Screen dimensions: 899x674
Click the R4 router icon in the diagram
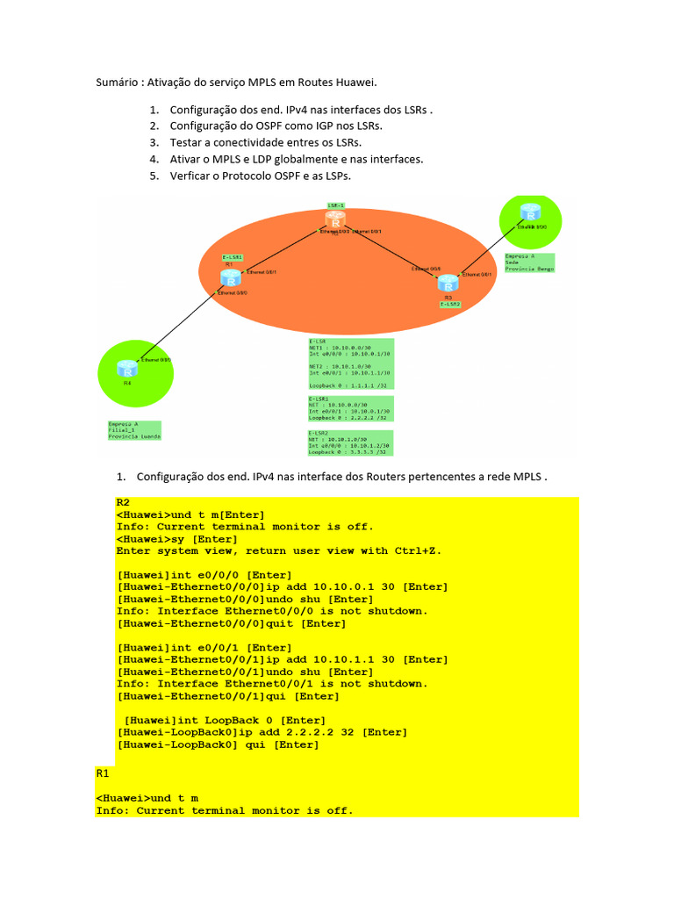128,367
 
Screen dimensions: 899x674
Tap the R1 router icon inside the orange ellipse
230,278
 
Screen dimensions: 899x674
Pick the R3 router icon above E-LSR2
448,283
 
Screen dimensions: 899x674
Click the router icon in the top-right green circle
529,214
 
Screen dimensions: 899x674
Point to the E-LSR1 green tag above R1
232,257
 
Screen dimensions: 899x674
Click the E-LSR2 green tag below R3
452,304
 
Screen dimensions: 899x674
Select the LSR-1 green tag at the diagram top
335,205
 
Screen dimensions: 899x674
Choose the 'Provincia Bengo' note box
530,263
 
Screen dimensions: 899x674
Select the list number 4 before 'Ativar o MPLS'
154,159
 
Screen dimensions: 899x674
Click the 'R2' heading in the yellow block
123,502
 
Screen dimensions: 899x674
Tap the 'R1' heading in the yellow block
102,773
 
